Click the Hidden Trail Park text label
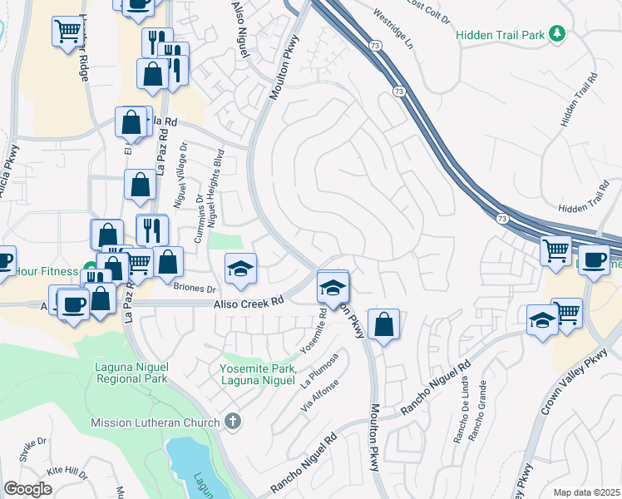point(500,35)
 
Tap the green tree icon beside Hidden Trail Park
point(558,35)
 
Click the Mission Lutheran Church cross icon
point(232,422)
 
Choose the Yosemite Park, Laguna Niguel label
point(257,374)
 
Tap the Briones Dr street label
point(194,289)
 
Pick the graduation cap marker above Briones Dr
point(240,269)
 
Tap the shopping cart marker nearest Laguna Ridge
point(67,33)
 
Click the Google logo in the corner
point(27,488)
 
